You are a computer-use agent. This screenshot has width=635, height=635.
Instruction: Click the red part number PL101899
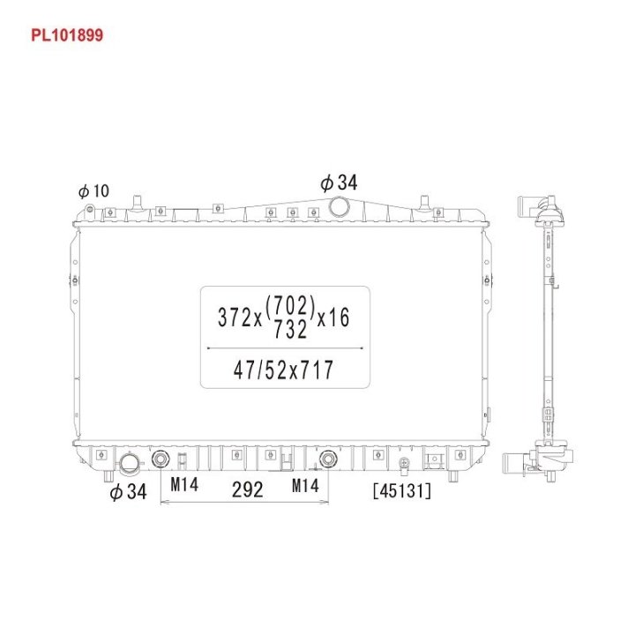[67, 35]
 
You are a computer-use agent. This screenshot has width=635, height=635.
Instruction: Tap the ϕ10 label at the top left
[94, 190]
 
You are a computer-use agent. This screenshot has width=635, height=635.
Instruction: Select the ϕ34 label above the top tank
[339, 183]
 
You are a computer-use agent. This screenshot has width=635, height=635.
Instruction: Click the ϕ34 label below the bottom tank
[129, 491]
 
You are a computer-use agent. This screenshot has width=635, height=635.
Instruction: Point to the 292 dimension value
[248, 489]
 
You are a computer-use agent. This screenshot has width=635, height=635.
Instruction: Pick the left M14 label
[184, 484]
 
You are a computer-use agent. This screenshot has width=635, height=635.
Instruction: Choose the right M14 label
[305, 486]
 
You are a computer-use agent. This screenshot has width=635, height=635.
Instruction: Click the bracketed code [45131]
[402, 491]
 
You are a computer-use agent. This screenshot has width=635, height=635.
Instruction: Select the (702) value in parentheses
[290, 306]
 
